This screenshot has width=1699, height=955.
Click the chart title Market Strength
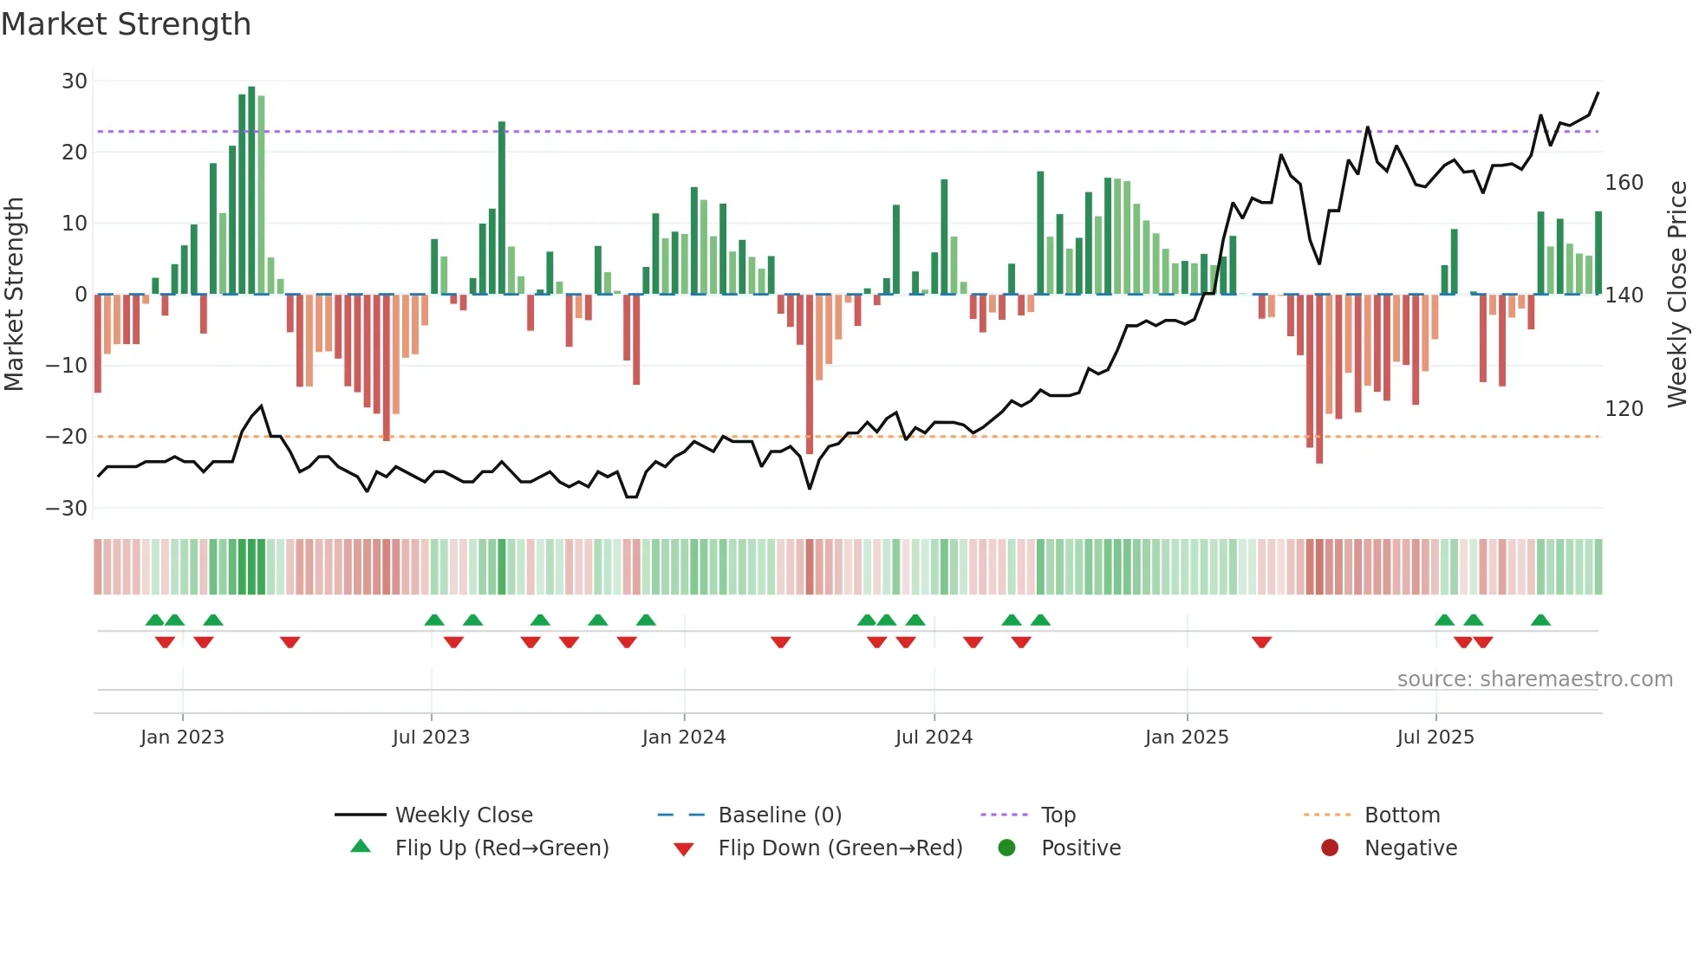(126, 24)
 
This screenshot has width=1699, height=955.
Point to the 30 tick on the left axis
(75, 81)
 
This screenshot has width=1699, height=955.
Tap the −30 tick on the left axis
(67, 509)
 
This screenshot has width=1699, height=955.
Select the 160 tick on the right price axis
(1624, 183)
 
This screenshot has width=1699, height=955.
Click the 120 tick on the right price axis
(1624, 409)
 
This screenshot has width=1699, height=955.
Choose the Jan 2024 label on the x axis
(684, 737)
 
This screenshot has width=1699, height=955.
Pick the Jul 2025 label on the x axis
(1435, 737)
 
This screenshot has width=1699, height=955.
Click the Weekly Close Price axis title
(1678, 295)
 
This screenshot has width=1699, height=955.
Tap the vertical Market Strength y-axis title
(14, 295)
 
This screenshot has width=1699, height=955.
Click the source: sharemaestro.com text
(1534, 679)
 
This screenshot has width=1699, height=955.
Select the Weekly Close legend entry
(464, 815)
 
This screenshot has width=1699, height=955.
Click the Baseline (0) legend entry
(780, 815)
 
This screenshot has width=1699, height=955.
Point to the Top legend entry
(1058, 815)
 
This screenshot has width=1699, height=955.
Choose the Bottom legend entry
(1402, 815)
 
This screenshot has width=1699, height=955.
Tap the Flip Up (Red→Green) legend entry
(502, 848)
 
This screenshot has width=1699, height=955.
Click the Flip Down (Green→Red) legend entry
(840, 848)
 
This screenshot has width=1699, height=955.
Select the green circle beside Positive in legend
(1006, 848)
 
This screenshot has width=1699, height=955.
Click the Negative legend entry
(1410, 848)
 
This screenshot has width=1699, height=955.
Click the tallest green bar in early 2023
(251, 191)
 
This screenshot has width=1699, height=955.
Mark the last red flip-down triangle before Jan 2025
(1021, 642)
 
